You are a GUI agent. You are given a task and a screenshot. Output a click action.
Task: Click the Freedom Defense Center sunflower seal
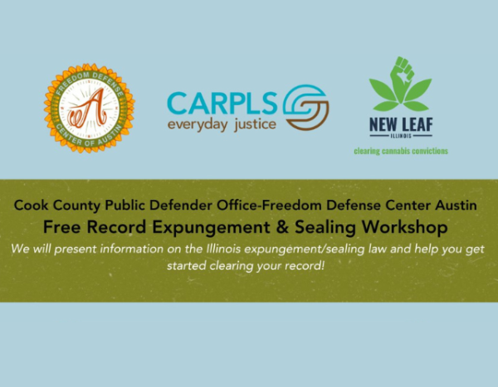(x=90, y=109)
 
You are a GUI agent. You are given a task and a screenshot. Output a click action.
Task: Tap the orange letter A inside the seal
(x=89, y=109)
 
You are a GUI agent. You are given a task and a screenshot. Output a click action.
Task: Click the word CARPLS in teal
(x=222, y=103)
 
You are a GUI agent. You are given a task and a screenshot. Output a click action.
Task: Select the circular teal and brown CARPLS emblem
(x=305, y=107)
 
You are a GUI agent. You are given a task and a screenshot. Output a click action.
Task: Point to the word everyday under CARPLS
(x=198, y=124)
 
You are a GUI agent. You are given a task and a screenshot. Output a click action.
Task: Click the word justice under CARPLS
(x=255, y=124)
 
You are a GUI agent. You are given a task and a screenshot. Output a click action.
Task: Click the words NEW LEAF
(x=401, y=124)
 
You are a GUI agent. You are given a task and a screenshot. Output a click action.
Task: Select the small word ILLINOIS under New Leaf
(x=401, y=136)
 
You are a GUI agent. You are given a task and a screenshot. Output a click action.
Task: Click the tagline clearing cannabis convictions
(x=401, y=151)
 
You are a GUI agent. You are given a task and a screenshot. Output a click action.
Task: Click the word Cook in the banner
(x=32, y=206)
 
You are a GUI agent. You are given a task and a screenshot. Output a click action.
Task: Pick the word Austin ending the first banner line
(x=456, y=206)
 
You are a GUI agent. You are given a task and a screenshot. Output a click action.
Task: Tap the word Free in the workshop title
(x=61, y=227)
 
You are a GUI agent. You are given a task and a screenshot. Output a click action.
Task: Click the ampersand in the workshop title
(x=282, y=227)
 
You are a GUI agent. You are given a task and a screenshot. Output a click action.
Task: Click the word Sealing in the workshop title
(x=325, y=228)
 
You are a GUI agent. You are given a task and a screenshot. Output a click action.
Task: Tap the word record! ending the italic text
(x=305, y=265)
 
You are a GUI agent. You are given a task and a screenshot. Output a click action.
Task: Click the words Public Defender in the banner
(x=159, y=206)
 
